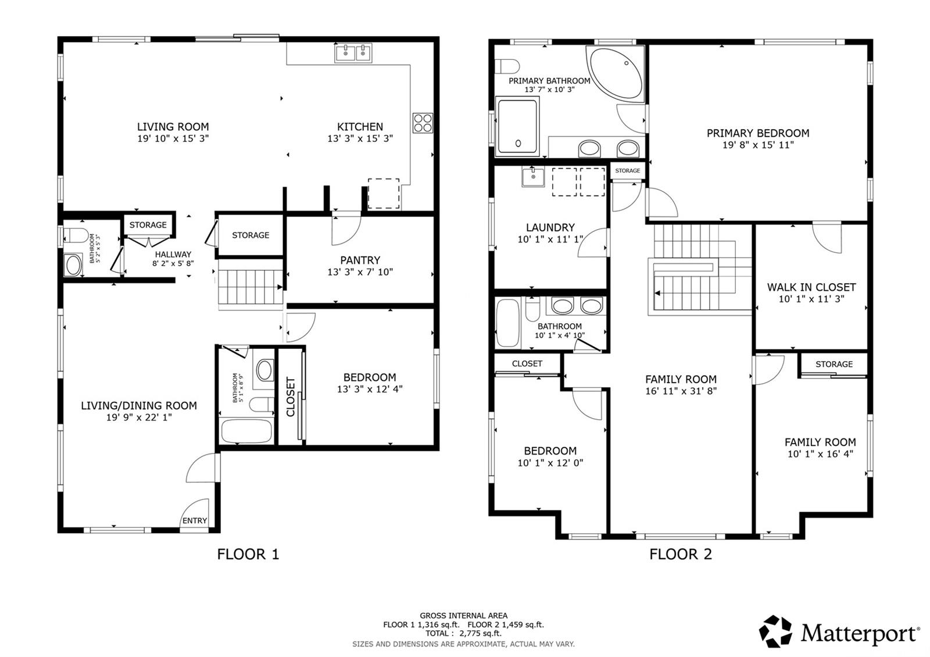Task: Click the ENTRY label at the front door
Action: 195,521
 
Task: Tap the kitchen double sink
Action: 353,53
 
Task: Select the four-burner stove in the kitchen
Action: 423,123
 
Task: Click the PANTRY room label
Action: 360,260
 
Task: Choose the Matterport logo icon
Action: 775,631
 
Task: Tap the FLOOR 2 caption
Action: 681,554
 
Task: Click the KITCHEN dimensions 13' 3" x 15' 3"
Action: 360,138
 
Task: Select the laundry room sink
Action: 533,177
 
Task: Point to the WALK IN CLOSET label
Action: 811,287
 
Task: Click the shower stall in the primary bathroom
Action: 517,126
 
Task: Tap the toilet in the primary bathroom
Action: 507,66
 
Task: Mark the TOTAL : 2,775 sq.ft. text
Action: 463,633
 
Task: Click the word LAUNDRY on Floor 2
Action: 550,227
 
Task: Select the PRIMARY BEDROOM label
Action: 758,133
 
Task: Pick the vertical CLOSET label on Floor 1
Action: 291,397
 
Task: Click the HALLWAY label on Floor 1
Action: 173,254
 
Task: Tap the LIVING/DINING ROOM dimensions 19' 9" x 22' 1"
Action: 139,417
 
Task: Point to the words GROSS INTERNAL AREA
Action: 463,616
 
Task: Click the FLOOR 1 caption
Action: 248,554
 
